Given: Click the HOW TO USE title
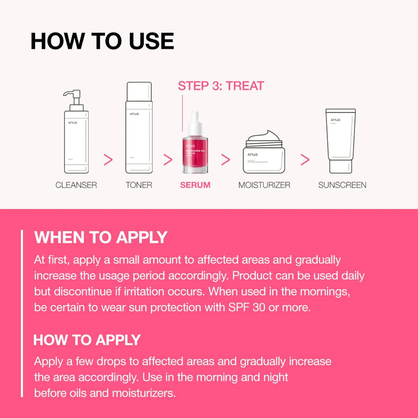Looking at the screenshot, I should [102, 41].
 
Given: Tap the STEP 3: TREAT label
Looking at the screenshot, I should [221, 86].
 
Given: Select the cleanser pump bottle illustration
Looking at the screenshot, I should [76, 139].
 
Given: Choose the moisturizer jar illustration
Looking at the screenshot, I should [264, 153].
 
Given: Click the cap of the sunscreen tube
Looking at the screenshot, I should [340, 166].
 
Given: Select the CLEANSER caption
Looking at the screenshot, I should [76, 185].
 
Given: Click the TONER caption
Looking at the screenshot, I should [139, 185].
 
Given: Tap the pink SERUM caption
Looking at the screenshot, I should [195, 185].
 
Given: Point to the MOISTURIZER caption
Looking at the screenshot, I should [264, 185].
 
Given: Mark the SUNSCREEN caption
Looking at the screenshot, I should [342, 185].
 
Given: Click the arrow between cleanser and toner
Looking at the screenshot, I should [108, 160].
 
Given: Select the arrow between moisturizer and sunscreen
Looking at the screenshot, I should [305, 160].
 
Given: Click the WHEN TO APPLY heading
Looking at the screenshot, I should [101, 237].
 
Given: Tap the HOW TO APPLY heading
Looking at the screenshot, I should [87, 340].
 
